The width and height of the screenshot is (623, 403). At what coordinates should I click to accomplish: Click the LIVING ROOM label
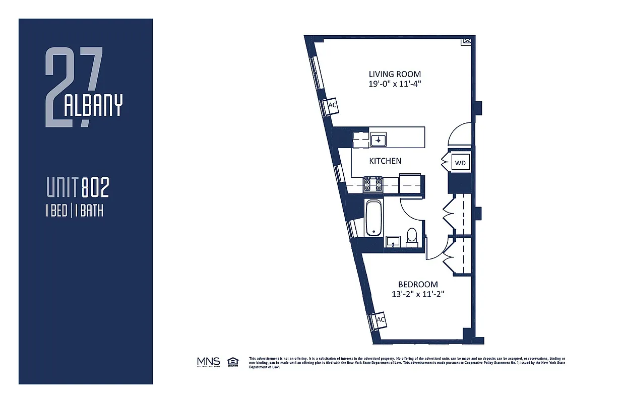394,74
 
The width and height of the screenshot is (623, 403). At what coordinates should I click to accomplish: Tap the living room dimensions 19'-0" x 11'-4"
394,84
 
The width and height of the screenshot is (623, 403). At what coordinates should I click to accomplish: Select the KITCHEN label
385,161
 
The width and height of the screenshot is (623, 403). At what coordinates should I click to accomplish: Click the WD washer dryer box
460,163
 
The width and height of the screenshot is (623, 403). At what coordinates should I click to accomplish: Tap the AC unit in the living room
332,106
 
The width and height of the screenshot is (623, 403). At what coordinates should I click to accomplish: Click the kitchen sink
378,140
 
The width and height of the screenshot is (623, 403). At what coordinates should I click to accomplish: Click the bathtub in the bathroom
373,218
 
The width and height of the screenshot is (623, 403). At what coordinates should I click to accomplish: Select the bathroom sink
392,242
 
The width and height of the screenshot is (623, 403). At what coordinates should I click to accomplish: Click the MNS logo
208,362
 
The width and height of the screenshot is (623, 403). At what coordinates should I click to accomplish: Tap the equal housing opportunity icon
233,361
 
